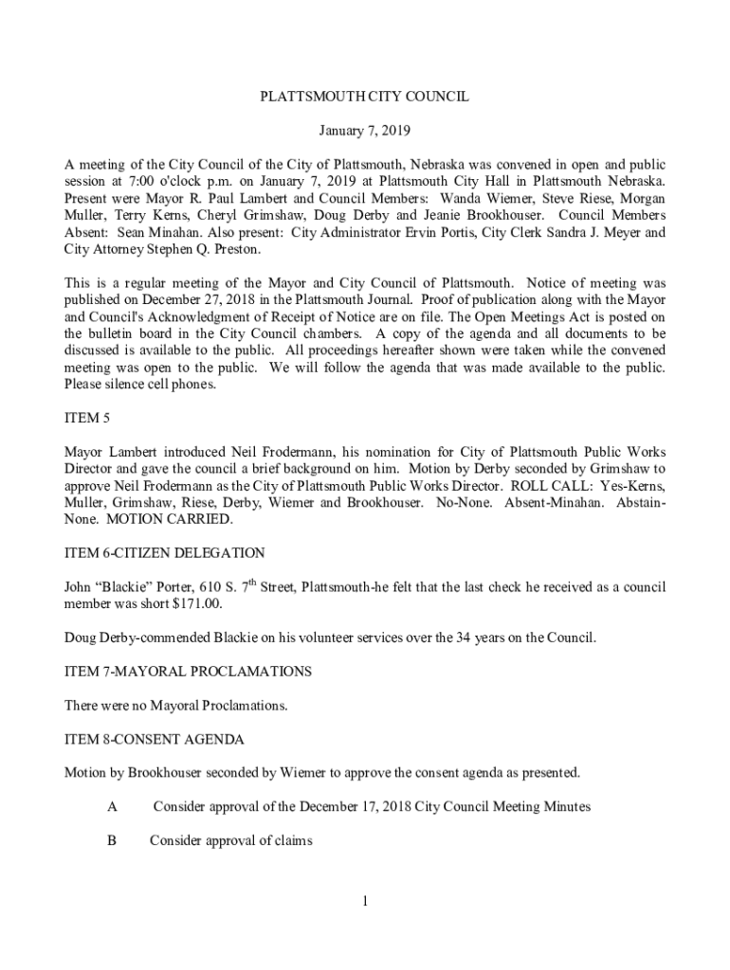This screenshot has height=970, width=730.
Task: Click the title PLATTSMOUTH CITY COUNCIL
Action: coord(365,97)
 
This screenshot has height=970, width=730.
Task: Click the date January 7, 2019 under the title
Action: coord(365,129)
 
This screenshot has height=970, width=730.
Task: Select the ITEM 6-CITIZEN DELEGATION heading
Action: coord(164,553)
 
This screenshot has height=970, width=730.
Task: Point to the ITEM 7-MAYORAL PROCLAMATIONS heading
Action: coord(188,672)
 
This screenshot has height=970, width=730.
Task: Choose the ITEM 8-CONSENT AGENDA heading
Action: coord(154,739)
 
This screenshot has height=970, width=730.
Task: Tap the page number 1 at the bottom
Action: coord(365,900)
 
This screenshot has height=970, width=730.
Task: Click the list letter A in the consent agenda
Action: coord(112,807)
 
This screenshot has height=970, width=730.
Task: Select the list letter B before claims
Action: coord(112,840)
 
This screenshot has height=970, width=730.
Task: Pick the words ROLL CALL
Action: coord(540,485)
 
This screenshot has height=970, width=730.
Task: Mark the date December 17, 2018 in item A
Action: coord(357,807)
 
